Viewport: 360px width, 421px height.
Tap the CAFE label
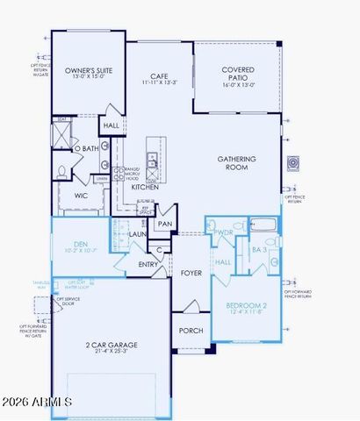click(160, 76)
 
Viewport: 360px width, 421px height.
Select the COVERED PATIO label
click(238, 72)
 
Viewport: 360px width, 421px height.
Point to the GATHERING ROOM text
click(237, 163)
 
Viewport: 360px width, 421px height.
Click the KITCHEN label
click(145, 187)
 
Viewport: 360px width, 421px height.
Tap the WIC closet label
click(81, 196)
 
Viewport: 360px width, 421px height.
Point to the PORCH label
click(191, 331)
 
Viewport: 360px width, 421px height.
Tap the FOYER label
click(191, 273)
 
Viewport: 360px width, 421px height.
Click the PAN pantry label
click(164, 225)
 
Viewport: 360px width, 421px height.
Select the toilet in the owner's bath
click(62, 172)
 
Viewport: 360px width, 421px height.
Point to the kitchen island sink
click(152, 161)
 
